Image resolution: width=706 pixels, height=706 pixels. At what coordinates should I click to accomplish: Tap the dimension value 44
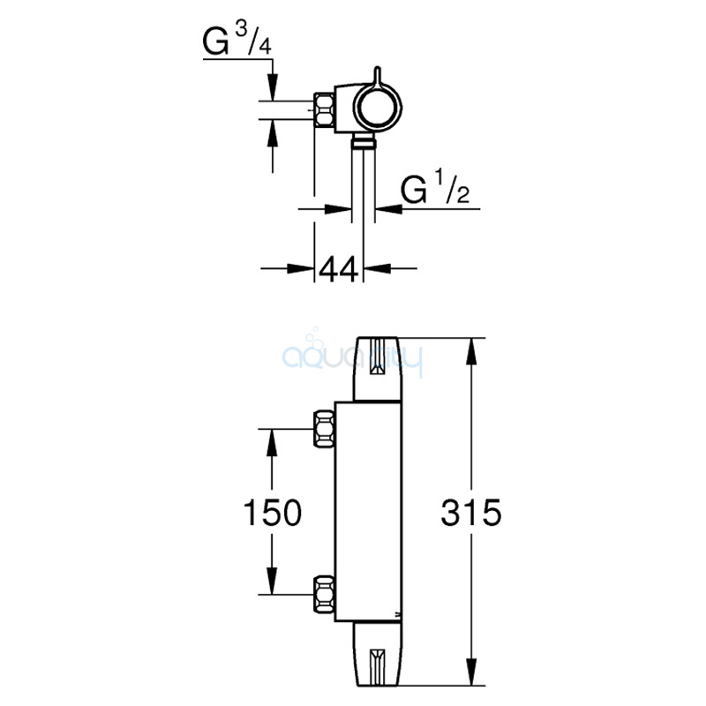(339, 269)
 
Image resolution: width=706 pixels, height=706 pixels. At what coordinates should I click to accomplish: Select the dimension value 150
(273, 512)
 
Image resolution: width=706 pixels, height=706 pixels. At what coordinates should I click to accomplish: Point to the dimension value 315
(471, 512)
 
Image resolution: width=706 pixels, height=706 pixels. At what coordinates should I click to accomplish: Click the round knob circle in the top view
(378, 107)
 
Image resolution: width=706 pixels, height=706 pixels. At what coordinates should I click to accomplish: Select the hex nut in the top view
(324, 110)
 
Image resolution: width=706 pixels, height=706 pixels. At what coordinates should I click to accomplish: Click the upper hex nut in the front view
(324, 429)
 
